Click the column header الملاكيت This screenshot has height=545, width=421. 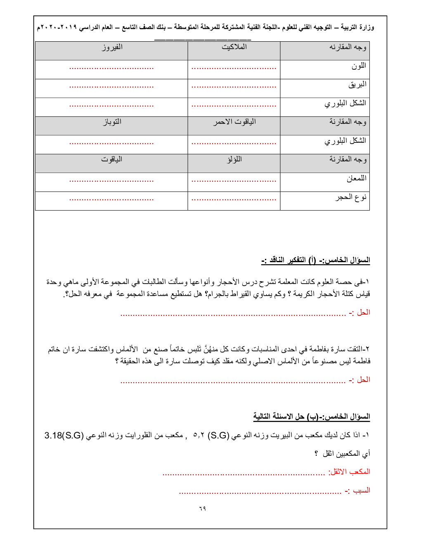(x=234, y=47)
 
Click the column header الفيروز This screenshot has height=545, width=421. (x=112, y=47)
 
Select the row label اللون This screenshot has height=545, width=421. (x=359, y=66)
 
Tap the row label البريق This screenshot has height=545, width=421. (x=357, y=85)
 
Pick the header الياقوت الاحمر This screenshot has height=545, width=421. (x=234, y=122)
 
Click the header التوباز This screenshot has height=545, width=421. (x=112, y=122)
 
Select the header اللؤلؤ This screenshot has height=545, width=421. (x=234, y=159)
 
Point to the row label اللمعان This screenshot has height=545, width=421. (x=356, y=178)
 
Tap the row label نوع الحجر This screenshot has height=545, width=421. (x=351, y=197)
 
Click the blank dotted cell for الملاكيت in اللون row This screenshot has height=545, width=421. (x=234, y=68)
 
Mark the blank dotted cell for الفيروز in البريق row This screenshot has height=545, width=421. (x=111, y=87)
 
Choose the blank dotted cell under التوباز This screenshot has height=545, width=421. (x=111, y=143)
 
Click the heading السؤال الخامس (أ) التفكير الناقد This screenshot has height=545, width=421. (x=316, y=260)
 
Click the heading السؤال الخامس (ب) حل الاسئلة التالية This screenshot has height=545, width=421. (x=312, y=417)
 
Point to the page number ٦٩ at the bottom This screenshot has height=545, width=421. (x=202, y=508)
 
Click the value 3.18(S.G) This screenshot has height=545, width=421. (x=64, y=436)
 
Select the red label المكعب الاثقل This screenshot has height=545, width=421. (x=349, y=472)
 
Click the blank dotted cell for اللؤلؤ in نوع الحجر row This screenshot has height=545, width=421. (x=234, y=199)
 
